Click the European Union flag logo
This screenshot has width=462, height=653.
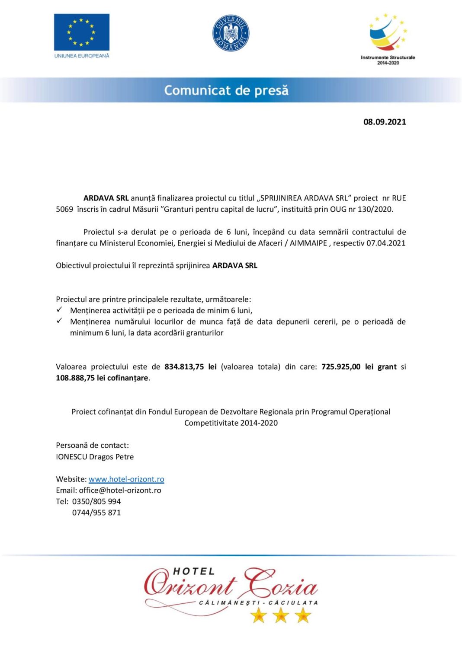tap(81, 32)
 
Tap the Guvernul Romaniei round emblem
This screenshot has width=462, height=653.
tap(231, 33)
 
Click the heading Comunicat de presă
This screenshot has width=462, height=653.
tap(226, 90)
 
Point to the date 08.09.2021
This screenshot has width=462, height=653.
tap(385, 122)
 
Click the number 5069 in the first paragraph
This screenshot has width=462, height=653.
tap(64, 209)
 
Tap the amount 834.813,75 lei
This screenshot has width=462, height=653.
tap(190, 366)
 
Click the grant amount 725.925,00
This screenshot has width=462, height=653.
tap(341, 366)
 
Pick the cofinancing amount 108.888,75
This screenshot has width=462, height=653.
tap(75, 378)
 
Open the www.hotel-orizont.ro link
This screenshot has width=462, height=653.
tap(126, 479)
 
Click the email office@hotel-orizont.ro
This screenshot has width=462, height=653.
tap(120, 490)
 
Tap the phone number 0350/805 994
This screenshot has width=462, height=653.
tap(96, 501)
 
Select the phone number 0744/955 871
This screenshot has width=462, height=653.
tap(96, 513)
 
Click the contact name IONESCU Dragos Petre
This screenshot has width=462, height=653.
tap(95, 457)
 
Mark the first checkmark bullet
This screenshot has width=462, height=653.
tap(60, 310)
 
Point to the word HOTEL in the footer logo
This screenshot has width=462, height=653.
tap(193, 571)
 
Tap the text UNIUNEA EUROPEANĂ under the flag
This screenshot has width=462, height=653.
tap(82, 56)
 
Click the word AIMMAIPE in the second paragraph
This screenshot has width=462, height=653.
tap(308, 243)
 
